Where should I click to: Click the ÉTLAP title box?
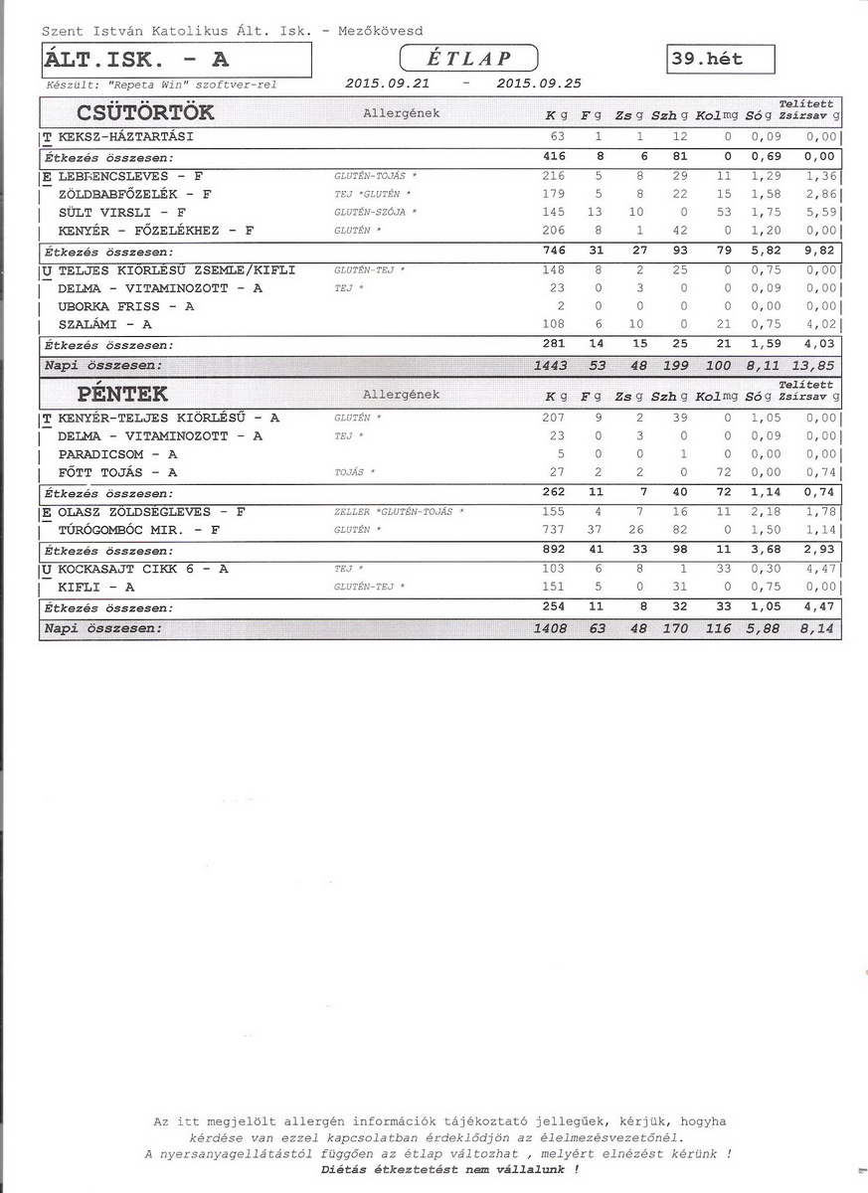point(468,59)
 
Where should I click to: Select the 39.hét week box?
point(722,60)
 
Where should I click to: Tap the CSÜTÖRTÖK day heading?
point(145,112)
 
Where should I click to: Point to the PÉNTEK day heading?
point(122,395)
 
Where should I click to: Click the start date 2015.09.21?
point(387,85)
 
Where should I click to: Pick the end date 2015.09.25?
point(538,85)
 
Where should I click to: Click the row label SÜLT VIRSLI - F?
point(122,213)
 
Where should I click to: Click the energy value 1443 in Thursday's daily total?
point(550,366)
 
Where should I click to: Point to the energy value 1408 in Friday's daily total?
point(550,628)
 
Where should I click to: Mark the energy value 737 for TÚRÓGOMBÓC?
point(552,530)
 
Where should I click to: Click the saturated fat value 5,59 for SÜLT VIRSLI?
point(821,213)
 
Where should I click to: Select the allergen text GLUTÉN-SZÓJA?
point(374,213)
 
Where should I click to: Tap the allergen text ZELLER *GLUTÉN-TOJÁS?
point(399,512)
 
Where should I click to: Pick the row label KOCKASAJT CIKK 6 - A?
point(143,569)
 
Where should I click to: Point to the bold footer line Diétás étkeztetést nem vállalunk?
point(449,1170)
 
